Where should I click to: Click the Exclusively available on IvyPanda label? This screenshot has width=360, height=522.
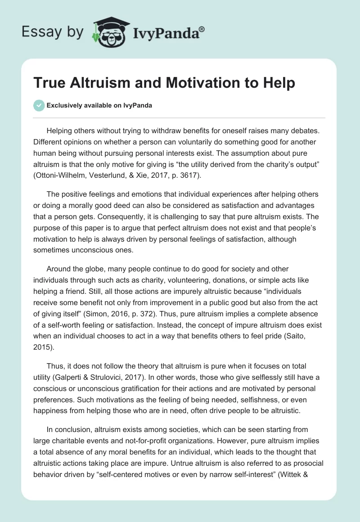pos(99,105)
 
